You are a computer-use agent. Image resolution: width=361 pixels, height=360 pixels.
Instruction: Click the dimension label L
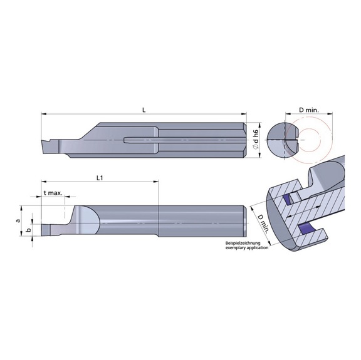click(144, 110)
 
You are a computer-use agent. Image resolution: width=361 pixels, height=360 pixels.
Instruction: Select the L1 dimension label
click(100, 178)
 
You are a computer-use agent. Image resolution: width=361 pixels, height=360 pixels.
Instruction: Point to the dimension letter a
click(19, 220)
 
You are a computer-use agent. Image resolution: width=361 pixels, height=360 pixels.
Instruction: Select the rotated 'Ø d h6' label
click(254, 140)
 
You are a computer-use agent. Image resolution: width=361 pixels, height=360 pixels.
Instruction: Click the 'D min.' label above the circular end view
click(308, 110)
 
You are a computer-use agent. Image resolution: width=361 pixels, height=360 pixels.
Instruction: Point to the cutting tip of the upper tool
click(44, 143)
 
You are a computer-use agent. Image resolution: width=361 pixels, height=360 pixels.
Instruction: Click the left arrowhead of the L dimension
click(44, 115)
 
